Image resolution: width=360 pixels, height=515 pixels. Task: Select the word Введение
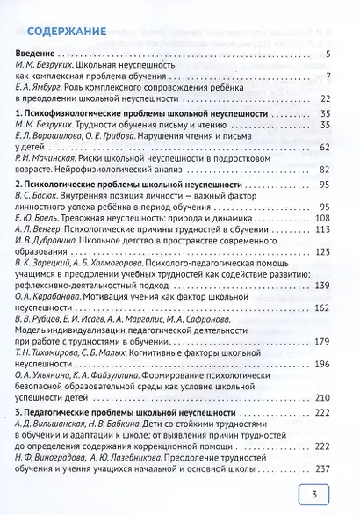(37, 55)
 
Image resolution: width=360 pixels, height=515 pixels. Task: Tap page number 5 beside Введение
(327, 55)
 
